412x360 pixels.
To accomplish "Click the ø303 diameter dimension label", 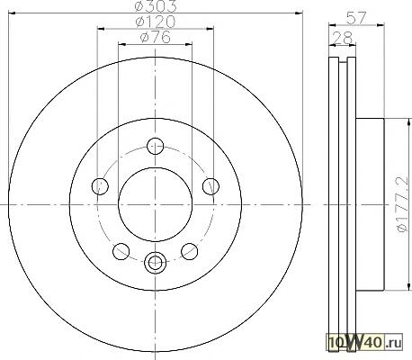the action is (x=156, y=5).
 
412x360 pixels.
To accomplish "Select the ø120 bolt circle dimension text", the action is (x=156, y=22).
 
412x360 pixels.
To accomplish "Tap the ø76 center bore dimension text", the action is (x=156, y=37).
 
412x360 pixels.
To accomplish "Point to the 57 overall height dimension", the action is (x=356, y=18).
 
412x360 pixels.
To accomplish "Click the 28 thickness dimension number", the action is (x=343, y=38).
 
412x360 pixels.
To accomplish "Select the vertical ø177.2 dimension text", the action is (x=402, y=204).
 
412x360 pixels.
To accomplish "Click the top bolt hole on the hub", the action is (x=156, y=146).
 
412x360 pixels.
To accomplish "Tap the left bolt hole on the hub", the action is (x=100, y=186).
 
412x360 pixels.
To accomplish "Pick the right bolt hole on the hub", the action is (x=210, y=186).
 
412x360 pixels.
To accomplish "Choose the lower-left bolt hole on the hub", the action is (x=121, y=251).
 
